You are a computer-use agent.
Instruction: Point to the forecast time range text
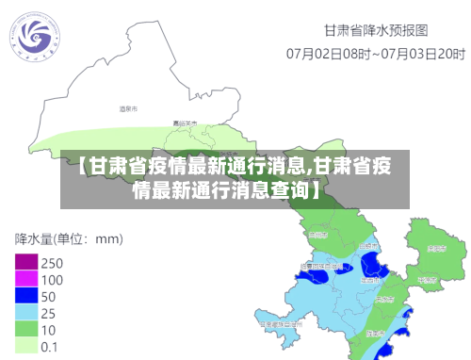pos(374,53)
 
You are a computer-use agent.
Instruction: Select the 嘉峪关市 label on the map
pos(186,123)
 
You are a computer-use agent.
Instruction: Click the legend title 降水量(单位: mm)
pos(69,237)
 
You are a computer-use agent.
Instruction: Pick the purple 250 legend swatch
pos(25,262)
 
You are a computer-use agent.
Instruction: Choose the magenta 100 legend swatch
pos(25,279)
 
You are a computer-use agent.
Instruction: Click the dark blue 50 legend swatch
pos(25,296)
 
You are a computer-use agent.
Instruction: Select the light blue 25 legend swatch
pos(25,313)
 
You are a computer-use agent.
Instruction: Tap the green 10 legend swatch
pos(25,330)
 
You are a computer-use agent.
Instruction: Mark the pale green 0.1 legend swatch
pos(25,346)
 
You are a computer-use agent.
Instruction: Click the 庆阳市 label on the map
pos(435,249)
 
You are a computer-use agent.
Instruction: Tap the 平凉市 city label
pos(427,280)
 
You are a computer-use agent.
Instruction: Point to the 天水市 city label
pos(383,298)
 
